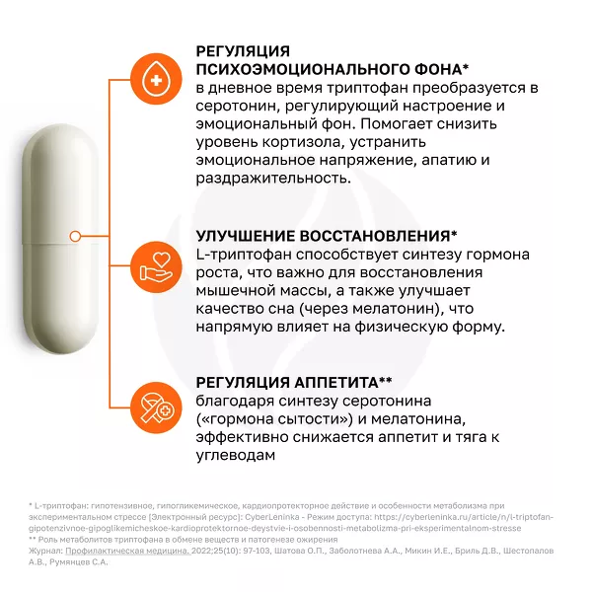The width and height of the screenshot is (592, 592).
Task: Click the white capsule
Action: tap(60, 239)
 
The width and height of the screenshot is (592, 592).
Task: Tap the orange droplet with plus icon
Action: tap(156, 80)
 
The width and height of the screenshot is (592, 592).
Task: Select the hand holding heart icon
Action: tap(156, 267)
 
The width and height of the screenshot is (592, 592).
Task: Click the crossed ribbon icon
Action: tap(156, 407)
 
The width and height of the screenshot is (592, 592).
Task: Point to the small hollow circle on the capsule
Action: tap(75, 237)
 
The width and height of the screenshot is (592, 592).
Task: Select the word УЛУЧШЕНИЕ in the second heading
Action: tap(245, 236)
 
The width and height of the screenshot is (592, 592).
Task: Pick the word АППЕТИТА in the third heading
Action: tap(336, 383)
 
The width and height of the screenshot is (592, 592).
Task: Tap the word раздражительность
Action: tap(273, 179)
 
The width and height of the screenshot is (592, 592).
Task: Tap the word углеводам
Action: tap(235, 455)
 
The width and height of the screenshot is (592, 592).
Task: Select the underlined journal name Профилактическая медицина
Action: tap(127, 551)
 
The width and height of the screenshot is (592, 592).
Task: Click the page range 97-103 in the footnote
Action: tap(257, 551)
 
